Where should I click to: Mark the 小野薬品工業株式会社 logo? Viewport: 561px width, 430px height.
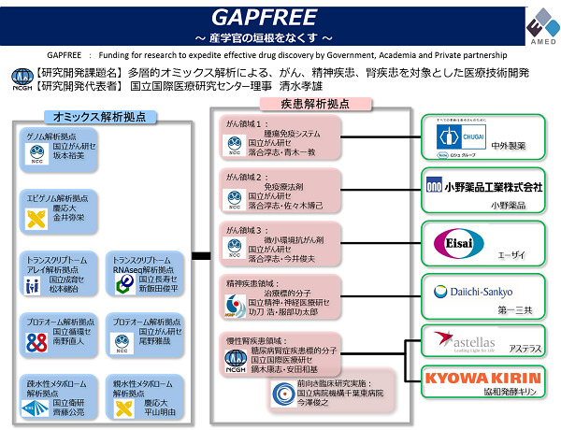click(x=485, y=187)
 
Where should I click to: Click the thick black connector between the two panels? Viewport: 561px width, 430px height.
click(x=199, y=254)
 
